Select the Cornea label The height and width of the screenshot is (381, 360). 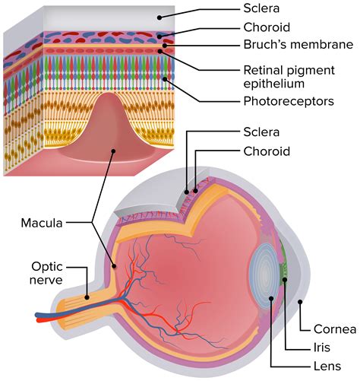[x=335, y=329]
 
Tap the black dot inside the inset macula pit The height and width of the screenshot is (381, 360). [x=113, y=150]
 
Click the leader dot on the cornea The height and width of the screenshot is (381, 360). [x=301, y=302]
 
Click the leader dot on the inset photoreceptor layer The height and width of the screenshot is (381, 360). [x=164, y=78]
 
